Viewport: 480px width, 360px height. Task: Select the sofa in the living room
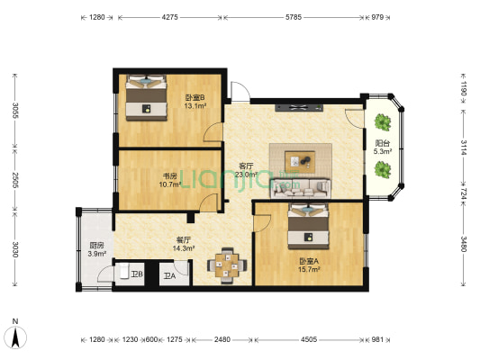pyautogui.click(x=306, y=187)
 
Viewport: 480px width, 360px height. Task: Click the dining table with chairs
pyautogui.click(x=228, y=264)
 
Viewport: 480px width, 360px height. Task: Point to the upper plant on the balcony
pyautogui.click(x=382, y=121)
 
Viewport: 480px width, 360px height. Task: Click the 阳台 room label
pyautogui.click(x=382, y=143)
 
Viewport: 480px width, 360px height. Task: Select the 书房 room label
pyautogui.click(x=168, y=176)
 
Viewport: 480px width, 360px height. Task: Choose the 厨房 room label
pyautogui.click(x=95, y=246)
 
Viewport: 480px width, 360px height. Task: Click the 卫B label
pyautogui.click(x=136, y=274)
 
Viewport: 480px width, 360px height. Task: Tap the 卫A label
pyautogui.click(x=168, y=275)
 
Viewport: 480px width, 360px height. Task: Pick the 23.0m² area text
pyautogui.click(x=245, y=174)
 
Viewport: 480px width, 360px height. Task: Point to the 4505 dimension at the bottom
pyautogui.click(x=308, y=339)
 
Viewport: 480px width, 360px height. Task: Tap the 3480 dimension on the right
pyautogui.click(x=463, y=244)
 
